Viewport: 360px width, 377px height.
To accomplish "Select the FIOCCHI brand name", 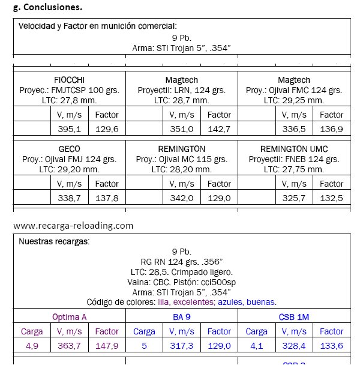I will (x=70, y=80).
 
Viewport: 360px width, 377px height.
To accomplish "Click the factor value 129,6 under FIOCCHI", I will (x=107, y=128).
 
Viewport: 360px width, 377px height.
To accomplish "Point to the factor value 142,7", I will (x=219, y=128).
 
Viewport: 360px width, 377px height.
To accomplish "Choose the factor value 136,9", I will (x=331, y=128).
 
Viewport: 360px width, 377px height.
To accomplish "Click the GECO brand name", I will (x=70, y=149).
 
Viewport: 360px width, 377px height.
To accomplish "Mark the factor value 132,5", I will (x=331, y=198).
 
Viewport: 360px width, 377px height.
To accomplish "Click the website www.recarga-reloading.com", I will (x=73, y=226).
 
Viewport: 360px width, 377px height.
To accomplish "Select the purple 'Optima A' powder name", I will (x=69, y=316).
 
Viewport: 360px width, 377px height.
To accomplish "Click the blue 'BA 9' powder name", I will (x=182, y=316).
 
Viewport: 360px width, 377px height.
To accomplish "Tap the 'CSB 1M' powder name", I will (x=294, y=316).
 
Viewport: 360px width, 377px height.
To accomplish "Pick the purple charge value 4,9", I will (x=32, y=346).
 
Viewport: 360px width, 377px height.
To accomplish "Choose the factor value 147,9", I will (x=107, y=346).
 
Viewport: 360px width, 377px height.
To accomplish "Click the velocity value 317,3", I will (x=181, y=346).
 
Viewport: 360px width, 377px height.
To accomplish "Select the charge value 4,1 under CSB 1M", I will (x=256, y=346).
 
